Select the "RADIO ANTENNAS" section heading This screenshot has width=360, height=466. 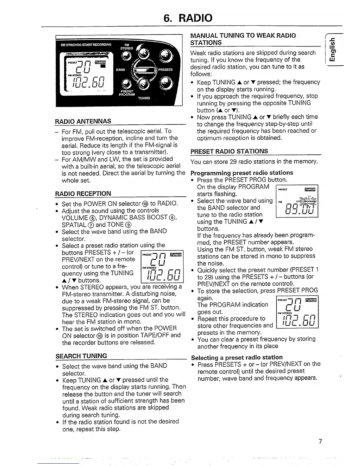(83, 121)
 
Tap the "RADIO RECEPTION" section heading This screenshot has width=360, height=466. (83, 194)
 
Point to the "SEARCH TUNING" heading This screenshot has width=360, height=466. (81, 356)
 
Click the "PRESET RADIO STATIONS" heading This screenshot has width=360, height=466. (229, 151)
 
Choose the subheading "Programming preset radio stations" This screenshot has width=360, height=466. (242, 173)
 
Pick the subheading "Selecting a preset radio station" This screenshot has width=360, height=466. (236, 357)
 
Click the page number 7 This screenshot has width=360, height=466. (320, 441)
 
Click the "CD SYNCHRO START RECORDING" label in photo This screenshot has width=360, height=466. (86, 45)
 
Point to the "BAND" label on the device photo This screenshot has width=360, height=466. (120, 70)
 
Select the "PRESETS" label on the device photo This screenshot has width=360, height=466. (165, 70)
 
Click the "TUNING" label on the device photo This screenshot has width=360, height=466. (144, 98)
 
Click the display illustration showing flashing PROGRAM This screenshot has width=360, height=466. (297, 201)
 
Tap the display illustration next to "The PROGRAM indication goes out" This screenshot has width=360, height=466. (298, 312)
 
